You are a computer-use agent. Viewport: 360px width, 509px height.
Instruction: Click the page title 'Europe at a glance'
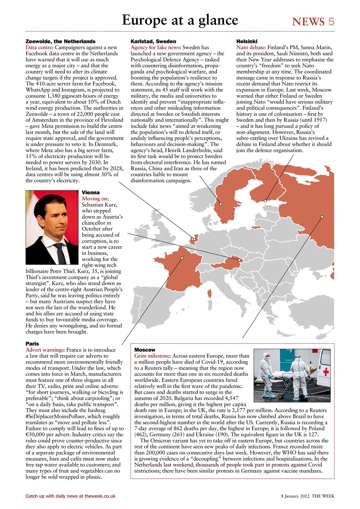(180, 20)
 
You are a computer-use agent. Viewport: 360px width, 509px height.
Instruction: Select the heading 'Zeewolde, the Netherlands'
(60, 41)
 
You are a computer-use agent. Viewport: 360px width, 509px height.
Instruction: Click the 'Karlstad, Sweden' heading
(154, 41)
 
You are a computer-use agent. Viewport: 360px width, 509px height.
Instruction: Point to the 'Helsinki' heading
(246, 41)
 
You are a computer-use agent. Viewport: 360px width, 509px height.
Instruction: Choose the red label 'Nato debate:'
(251, 47)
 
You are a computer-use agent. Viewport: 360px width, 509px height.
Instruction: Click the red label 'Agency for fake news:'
(156, 47)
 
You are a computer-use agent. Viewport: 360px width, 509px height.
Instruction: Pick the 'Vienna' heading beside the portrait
(90, 193)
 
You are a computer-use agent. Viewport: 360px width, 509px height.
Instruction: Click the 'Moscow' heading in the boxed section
(145, 350)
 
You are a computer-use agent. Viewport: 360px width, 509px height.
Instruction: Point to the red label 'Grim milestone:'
(153, 356)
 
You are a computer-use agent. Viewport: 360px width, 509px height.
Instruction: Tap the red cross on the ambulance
(326, 371)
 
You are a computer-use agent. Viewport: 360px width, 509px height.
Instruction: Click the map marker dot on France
(182, 258)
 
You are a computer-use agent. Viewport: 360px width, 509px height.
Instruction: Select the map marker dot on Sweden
(220, 204)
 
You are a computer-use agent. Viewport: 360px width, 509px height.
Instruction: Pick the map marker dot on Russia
(322, 217)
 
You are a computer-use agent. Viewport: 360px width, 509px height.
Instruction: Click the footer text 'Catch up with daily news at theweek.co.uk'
(70, 496)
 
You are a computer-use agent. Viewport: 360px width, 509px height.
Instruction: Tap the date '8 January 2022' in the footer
(295, 496)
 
